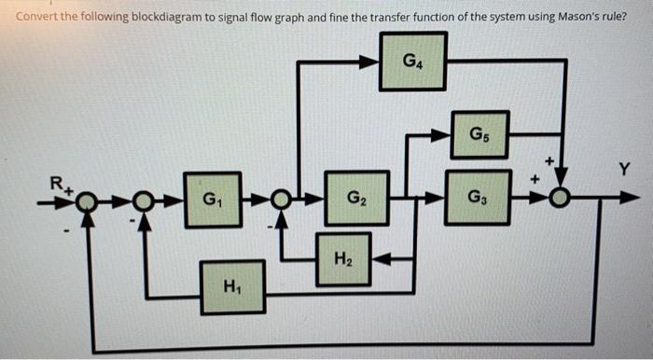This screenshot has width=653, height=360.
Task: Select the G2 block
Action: (x=356, y=198)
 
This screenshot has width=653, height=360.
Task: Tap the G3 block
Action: (x=478, y=198)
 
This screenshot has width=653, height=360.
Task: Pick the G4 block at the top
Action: (x=412, y=62)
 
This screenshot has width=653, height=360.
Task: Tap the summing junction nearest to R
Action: (x=86, y=199)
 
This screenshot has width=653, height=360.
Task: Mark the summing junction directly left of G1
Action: (x=144, y=199)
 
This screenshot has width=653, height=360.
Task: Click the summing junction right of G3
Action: (x=561, y=198)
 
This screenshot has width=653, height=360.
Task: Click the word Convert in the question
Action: (x=35, y=15)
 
